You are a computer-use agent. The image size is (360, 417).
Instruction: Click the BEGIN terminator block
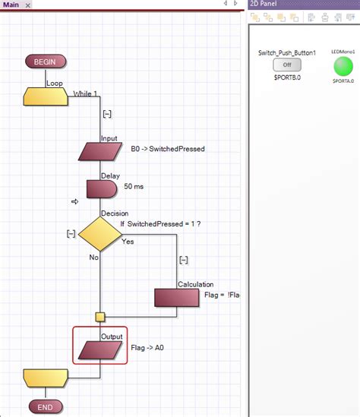(46, 62)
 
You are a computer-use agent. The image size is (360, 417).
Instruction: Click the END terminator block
(46, 406)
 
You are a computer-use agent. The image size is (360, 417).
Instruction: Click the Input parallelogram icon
(100, 152)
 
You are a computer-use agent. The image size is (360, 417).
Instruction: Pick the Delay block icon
(99, 189)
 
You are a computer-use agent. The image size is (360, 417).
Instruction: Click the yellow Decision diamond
(100, 235)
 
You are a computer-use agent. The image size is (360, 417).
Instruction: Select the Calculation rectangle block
(177, 297)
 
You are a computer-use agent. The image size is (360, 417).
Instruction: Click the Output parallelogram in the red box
(100, 349)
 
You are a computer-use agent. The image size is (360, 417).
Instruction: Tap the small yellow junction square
(100, 317)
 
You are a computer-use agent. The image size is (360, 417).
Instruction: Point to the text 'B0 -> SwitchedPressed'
(168, 149)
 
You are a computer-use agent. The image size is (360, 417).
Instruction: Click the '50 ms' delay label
(135, 185)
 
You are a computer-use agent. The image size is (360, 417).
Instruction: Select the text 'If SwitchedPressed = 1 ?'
(159, 224)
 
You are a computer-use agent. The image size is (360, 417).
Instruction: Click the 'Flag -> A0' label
(147, 347)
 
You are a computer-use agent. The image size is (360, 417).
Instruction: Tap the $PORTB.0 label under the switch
(287, 77)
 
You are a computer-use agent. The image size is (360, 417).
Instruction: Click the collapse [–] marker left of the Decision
(71, 233)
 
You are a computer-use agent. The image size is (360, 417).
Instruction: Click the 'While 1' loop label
(84, 94)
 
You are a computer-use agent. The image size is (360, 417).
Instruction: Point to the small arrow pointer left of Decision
(75, 201)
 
